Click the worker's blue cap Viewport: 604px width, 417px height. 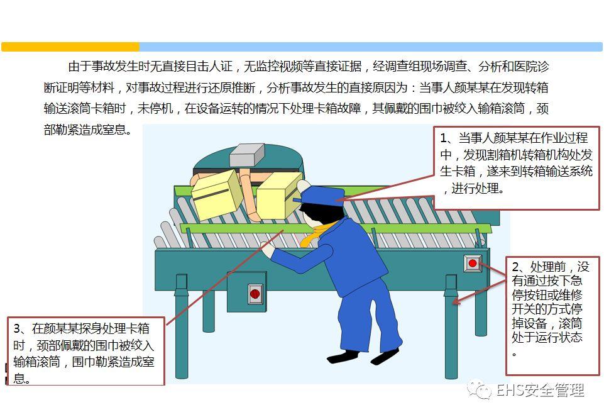323,195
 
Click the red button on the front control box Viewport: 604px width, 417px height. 255,294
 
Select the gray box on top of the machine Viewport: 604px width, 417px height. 246,155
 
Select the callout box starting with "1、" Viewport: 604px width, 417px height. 516,167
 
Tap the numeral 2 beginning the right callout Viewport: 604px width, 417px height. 516,267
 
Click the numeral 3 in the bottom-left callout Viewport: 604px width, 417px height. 18,329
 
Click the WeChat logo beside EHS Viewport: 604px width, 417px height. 482,391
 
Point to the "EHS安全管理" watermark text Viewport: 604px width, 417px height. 541,391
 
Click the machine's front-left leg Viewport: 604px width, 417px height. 182,327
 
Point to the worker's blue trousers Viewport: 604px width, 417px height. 371,321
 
